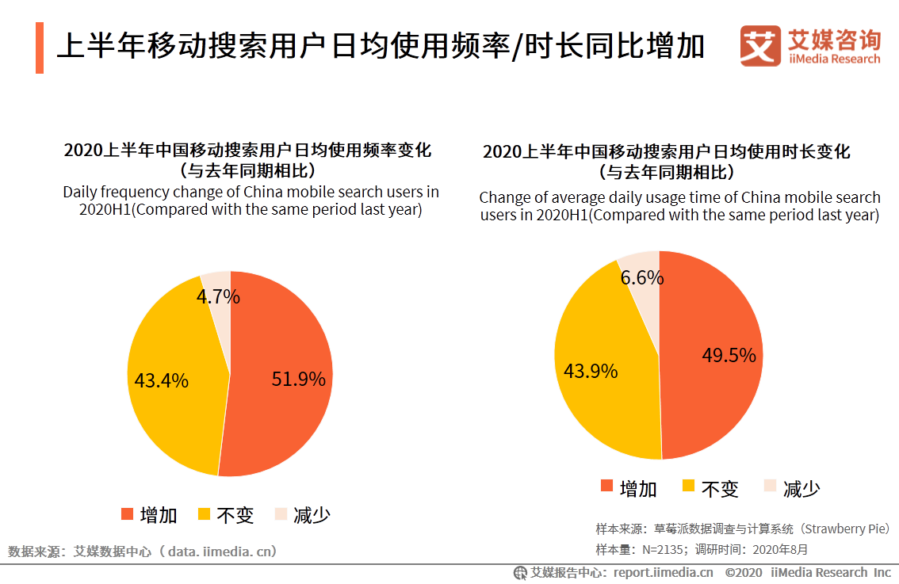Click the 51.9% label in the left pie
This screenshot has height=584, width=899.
tap(298, 380)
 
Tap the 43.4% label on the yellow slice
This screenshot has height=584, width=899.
tap(162, 381)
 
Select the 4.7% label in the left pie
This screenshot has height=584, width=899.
tap(218, 297)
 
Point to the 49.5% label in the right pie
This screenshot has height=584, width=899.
tap(729, 356)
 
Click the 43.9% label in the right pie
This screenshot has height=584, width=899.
tap(590, 371)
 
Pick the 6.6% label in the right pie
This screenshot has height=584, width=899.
tap(642, 278)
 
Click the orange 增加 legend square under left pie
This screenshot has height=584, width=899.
tap(127, 514)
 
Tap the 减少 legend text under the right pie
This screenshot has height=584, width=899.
tap(801, 489)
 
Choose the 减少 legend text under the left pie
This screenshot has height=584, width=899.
tap(312, 515)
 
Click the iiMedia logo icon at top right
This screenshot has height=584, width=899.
tap(761, 46)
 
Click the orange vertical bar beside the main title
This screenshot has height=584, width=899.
tap(39, 48)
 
